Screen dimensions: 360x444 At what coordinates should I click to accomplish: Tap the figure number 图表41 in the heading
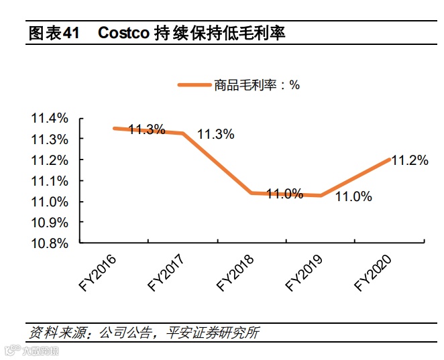click(x=54, y=33)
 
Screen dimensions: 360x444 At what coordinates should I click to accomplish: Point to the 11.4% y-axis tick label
click(x=50, y=118)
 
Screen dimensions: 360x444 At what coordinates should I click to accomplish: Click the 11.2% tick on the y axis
click(x=50, y=160)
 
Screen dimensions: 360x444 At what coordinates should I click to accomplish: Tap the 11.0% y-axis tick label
click(x=50, y=201)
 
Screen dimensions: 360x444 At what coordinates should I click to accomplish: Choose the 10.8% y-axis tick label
click(x=50, y=243)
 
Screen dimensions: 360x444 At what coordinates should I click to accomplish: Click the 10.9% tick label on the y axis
click(x=50, y=222)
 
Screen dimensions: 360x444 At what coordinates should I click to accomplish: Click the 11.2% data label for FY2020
click(x=409, y=160)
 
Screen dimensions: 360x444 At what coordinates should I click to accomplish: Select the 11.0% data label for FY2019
click(x=353, y=196)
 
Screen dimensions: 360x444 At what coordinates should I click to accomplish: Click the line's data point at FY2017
click(x=183, y=133)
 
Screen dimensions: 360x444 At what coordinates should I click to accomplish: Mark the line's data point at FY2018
click(x=252, y=193)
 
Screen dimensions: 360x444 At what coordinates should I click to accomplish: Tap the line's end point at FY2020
click(x=390, y=159)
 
